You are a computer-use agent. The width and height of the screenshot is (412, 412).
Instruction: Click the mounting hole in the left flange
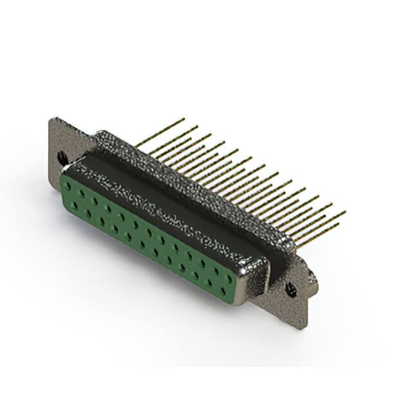pyautogui.click(x=62, y=157)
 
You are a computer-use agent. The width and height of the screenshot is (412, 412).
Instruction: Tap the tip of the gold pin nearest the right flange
pyautogui.click(x=344, y=212)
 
